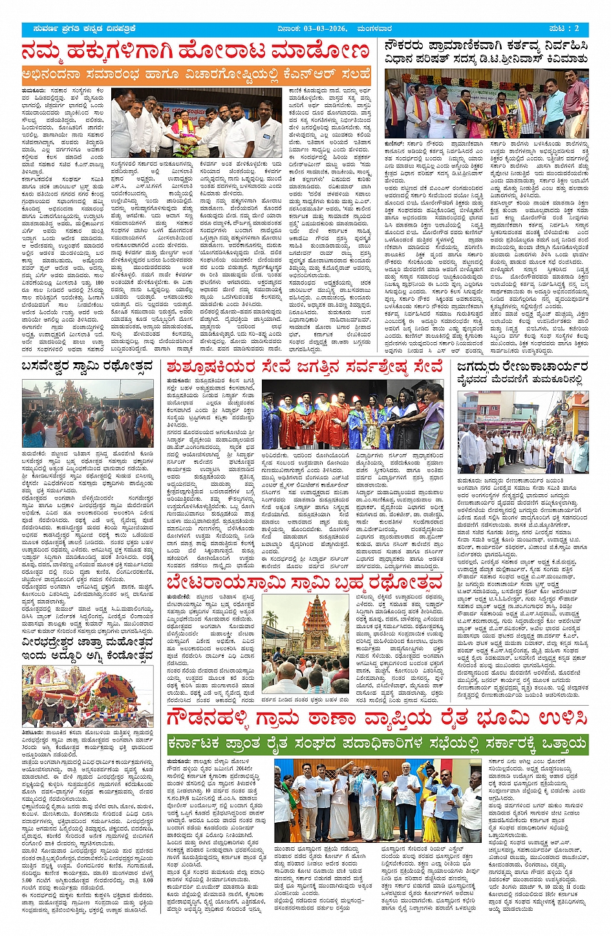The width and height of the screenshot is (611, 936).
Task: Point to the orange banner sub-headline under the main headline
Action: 197,73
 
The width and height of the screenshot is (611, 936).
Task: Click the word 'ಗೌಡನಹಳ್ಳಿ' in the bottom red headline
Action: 214,718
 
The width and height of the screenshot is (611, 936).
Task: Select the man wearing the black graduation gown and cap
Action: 271,420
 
